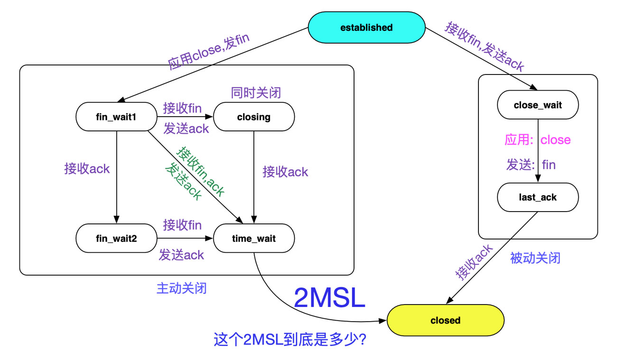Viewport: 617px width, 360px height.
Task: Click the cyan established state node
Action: [366, 28]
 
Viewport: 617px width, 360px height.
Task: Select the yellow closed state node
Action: [445, 320]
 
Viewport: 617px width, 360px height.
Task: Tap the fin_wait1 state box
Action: [116, 117]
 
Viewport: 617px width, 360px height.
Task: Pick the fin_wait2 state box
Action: [116, 239]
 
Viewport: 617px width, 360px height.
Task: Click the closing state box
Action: [253, 117]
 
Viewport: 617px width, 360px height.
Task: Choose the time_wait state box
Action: [253, 239]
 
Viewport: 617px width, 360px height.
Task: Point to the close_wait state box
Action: [537, 105]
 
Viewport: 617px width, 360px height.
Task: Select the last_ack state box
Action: [537, 197]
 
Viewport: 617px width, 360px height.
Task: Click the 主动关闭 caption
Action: [181, 288]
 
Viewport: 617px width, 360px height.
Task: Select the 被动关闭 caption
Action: [535, 258]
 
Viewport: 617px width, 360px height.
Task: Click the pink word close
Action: [555, 140]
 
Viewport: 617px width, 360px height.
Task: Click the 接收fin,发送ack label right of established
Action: [485, 46]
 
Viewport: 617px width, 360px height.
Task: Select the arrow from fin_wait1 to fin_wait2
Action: [116, 175]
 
